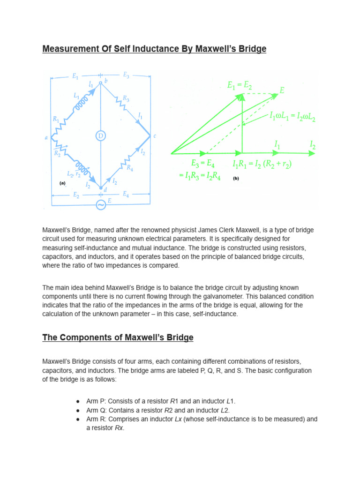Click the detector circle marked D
pyautogui.click(x=101, y=136)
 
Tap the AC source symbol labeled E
pyautogui.click(x=101, y=204)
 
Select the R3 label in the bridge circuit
pyautogui.click(x=126, y=98)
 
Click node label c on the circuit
pyautogui.click(x=155, y=136)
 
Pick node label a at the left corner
pyautogui.click(x=46, y=137)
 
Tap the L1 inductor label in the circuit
pyautogui.click(x=76, y=95)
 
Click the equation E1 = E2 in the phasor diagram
pyautogui.click(x=240, y=85)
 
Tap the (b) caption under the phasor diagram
pyautogui.click(x=236, y=179)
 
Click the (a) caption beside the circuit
pyautogui.click(x=62, y=184)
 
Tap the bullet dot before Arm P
pyautogui.click(x=78, y=402)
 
